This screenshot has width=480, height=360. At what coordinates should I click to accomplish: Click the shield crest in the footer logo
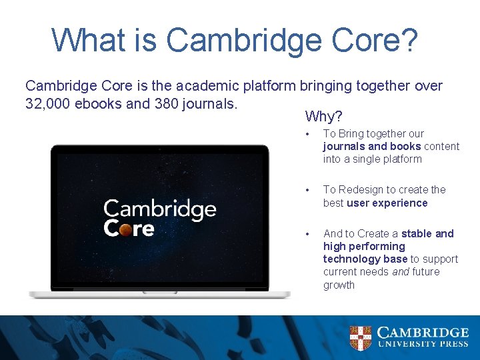(x=361, y=337)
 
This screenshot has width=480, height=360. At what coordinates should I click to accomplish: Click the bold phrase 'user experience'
(x=387, y=203)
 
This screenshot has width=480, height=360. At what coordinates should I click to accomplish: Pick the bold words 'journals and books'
(x=372, y=146)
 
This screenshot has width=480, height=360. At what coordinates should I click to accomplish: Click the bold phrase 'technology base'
(x=365, y=259)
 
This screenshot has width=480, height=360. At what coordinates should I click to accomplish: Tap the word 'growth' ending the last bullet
(x=339, y=285)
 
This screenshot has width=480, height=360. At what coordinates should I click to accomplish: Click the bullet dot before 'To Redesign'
(x=308, y=190)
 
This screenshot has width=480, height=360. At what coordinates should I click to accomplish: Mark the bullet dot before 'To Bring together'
(x=308, y=134)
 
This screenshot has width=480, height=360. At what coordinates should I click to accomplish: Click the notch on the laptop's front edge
(x=160, y=291)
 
